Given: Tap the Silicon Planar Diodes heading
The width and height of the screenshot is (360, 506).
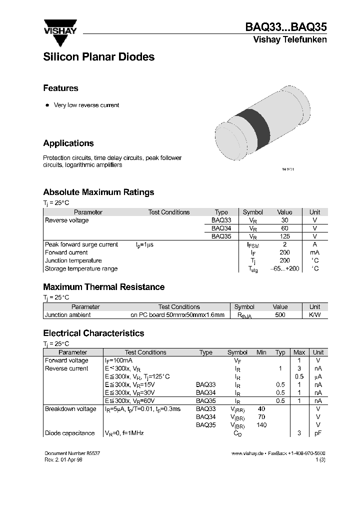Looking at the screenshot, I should click(98, 57).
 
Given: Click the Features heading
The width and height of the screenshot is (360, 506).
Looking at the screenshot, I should click(60, 88).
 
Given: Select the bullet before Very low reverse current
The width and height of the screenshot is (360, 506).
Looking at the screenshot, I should click(47, 105).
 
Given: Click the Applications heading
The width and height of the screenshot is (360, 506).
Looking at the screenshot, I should click(68, 143).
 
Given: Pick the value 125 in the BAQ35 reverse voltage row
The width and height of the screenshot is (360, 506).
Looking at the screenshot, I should click(284, 236).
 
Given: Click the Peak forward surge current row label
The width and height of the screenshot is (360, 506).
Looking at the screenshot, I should click(81, 244).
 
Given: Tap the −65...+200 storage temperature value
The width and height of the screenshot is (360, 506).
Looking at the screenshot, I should click(284, 268).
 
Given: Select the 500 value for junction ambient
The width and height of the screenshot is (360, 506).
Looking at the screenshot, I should click(280, 315).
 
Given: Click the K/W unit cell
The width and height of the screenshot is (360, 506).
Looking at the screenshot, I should click(314, 315).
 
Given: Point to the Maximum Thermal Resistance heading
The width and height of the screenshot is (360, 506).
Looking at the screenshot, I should click(103, 287).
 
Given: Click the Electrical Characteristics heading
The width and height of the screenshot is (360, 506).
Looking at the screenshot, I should click(93, 333).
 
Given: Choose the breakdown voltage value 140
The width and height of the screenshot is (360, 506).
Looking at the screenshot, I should click(261, 425).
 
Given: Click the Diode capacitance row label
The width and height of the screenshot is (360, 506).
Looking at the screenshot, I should click(69, 433).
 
